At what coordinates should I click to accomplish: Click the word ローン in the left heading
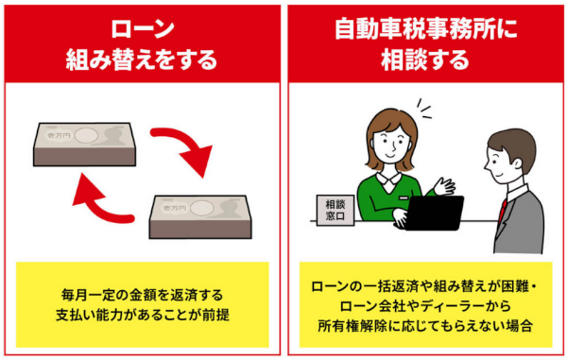[143, 29]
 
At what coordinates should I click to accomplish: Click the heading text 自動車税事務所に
[425, 29]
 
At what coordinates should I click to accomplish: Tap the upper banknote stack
[85, 145]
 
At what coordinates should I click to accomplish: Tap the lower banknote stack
[200, 217]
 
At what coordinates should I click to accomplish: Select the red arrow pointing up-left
[101, 199]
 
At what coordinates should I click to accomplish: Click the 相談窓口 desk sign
[335, 211]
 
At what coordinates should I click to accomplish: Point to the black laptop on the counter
[433, 214]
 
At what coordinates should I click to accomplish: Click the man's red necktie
[502, 212]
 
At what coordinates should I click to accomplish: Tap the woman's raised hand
[444, 186]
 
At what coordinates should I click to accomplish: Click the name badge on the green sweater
[404, 198]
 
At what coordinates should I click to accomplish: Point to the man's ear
[517, 163]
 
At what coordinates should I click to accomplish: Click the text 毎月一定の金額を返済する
[142, 295]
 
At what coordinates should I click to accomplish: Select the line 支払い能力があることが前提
[143, 315]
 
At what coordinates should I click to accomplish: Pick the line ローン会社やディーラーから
[425, 306]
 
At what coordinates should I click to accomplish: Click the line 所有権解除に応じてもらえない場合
[425, 326]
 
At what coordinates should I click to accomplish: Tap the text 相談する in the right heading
[425, 60]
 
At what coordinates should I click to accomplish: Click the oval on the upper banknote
[86, 136]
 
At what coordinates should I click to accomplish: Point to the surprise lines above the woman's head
[423, 108]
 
